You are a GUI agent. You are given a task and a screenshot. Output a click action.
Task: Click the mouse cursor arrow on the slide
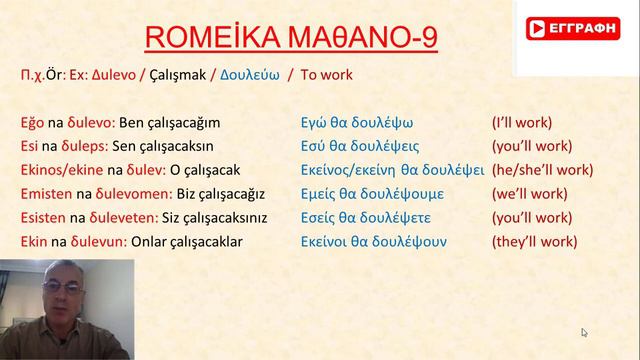point(584,332)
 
